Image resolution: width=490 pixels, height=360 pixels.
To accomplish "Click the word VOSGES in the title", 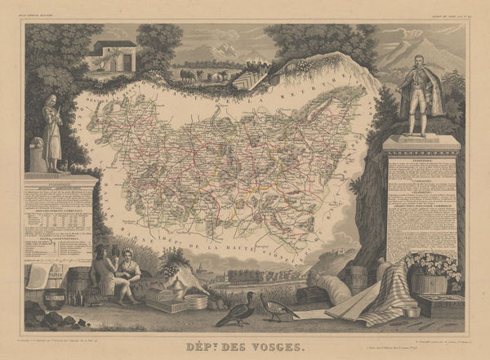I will tap(275, 346).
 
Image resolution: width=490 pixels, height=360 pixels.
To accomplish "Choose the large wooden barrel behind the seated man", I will tap(80, 282).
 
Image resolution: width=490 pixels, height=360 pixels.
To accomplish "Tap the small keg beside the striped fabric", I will tap(357, 278).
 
